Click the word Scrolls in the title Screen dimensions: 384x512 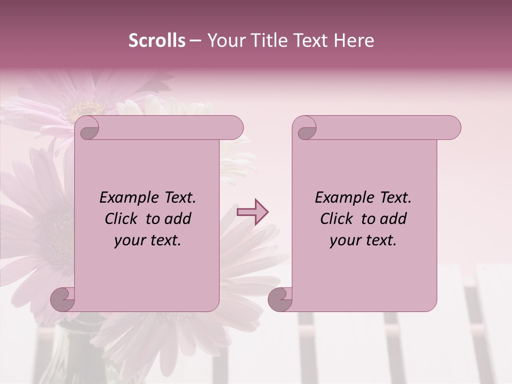coord(157,41)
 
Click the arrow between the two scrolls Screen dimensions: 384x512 coord(252,212)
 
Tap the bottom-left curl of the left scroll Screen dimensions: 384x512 coord(63,299)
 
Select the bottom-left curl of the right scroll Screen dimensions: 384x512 coord(280,299)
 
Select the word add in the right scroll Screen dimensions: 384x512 coord(393,219)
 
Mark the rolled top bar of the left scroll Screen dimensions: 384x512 coord(165,128)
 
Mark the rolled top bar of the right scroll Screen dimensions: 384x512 coord(384,128)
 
